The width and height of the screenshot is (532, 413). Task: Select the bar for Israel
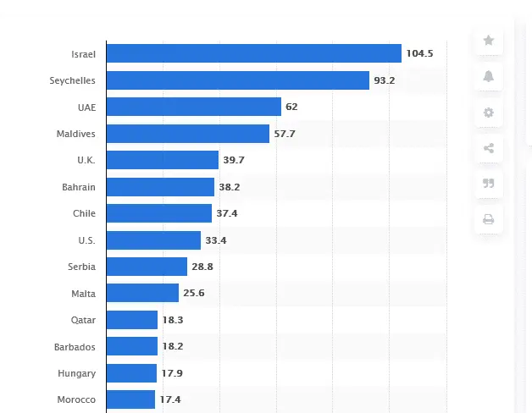coord(254,53)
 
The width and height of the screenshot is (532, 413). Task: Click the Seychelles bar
coord(238,80)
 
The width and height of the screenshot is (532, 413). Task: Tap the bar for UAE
coord(194,107)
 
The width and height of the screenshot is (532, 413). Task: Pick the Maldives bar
coord(188,134)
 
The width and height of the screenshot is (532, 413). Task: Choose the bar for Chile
coord(159,213)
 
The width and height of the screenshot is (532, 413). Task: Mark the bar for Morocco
coord(131,399)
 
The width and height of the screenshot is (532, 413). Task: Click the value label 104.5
coord(419,53)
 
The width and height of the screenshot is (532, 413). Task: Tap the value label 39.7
coord(235,160)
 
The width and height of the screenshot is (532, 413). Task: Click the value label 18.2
coord(175,347)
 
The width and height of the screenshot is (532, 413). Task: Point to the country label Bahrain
coord(79,187)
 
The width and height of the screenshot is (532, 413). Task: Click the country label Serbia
coord(82,267)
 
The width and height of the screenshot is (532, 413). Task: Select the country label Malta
coord(84,294)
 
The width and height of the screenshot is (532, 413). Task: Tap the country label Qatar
coord(84,320)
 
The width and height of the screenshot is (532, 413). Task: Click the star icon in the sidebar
coord(489,40)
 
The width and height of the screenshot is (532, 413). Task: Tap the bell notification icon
coord(489,76)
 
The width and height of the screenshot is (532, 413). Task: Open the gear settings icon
coord(489,113)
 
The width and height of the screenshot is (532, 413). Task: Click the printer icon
coord(489,220)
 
